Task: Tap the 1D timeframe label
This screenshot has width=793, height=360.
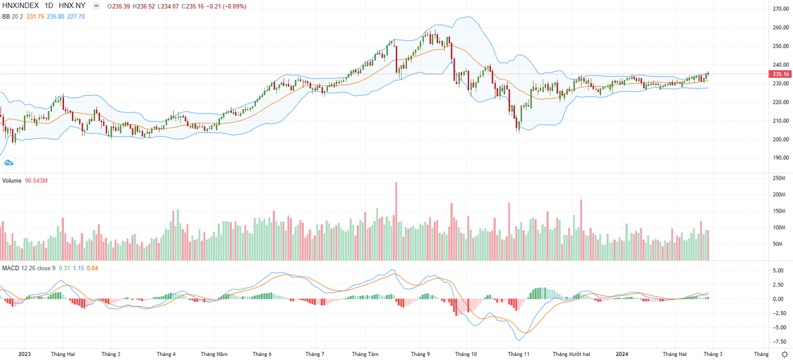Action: (50, 7)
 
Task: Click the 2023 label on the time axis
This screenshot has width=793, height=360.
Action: (24, 354)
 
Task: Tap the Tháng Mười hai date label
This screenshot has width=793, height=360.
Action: (571, 354)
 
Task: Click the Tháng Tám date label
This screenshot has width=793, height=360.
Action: (365, 354)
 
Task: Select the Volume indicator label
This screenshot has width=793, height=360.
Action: (11, 180)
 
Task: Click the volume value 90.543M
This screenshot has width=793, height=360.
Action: (37, 180)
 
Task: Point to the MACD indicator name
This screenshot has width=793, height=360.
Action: (10, 268)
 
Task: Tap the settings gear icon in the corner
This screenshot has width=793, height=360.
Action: (784, 354)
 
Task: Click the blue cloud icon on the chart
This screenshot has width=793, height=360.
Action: (9, 162)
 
